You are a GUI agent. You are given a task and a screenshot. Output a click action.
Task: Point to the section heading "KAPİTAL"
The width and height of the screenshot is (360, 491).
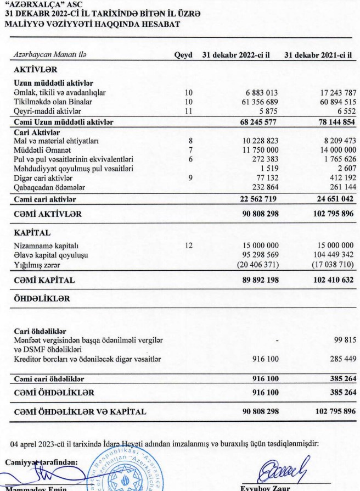(32, 232)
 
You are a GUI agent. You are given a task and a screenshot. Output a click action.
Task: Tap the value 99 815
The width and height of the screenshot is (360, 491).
(341, 341)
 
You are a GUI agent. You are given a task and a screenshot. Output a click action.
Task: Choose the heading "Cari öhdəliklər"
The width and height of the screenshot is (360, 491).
(40, 331)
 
